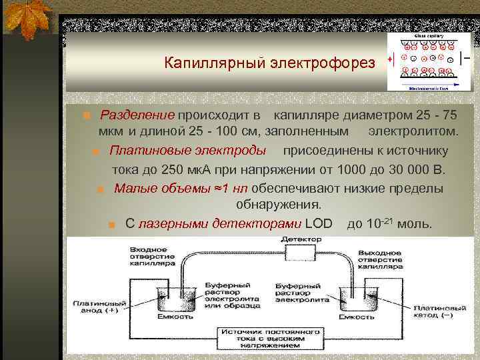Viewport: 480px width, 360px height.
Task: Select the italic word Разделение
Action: pos(137,115)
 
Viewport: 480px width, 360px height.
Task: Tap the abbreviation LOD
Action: pos(317,223)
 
